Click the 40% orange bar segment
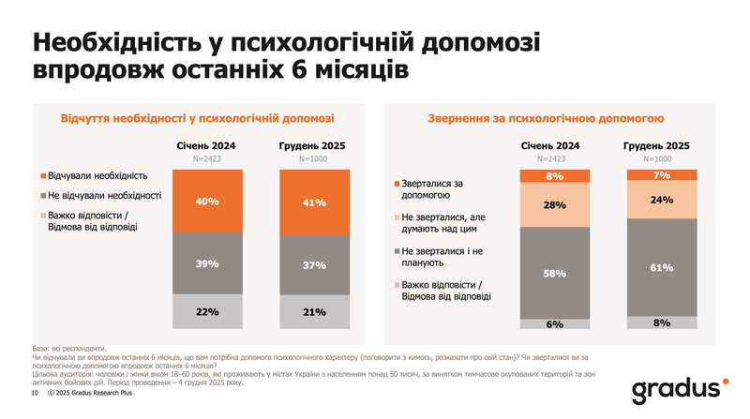[207, 201]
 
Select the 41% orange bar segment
[314, 202]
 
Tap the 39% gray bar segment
[207, 263]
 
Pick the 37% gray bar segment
[314, 265]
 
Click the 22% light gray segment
[207, 311]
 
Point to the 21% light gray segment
[314, 312]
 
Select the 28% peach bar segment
[554, 204]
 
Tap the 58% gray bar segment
[554, 273]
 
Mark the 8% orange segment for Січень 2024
[554, 176]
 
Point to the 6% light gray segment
[554, 323]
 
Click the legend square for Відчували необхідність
[43, 176]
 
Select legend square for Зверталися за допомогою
[396, 183]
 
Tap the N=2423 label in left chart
[207, 159]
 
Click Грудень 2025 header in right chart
[658, 145]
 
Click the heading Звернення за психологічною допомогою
[547, 119]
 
